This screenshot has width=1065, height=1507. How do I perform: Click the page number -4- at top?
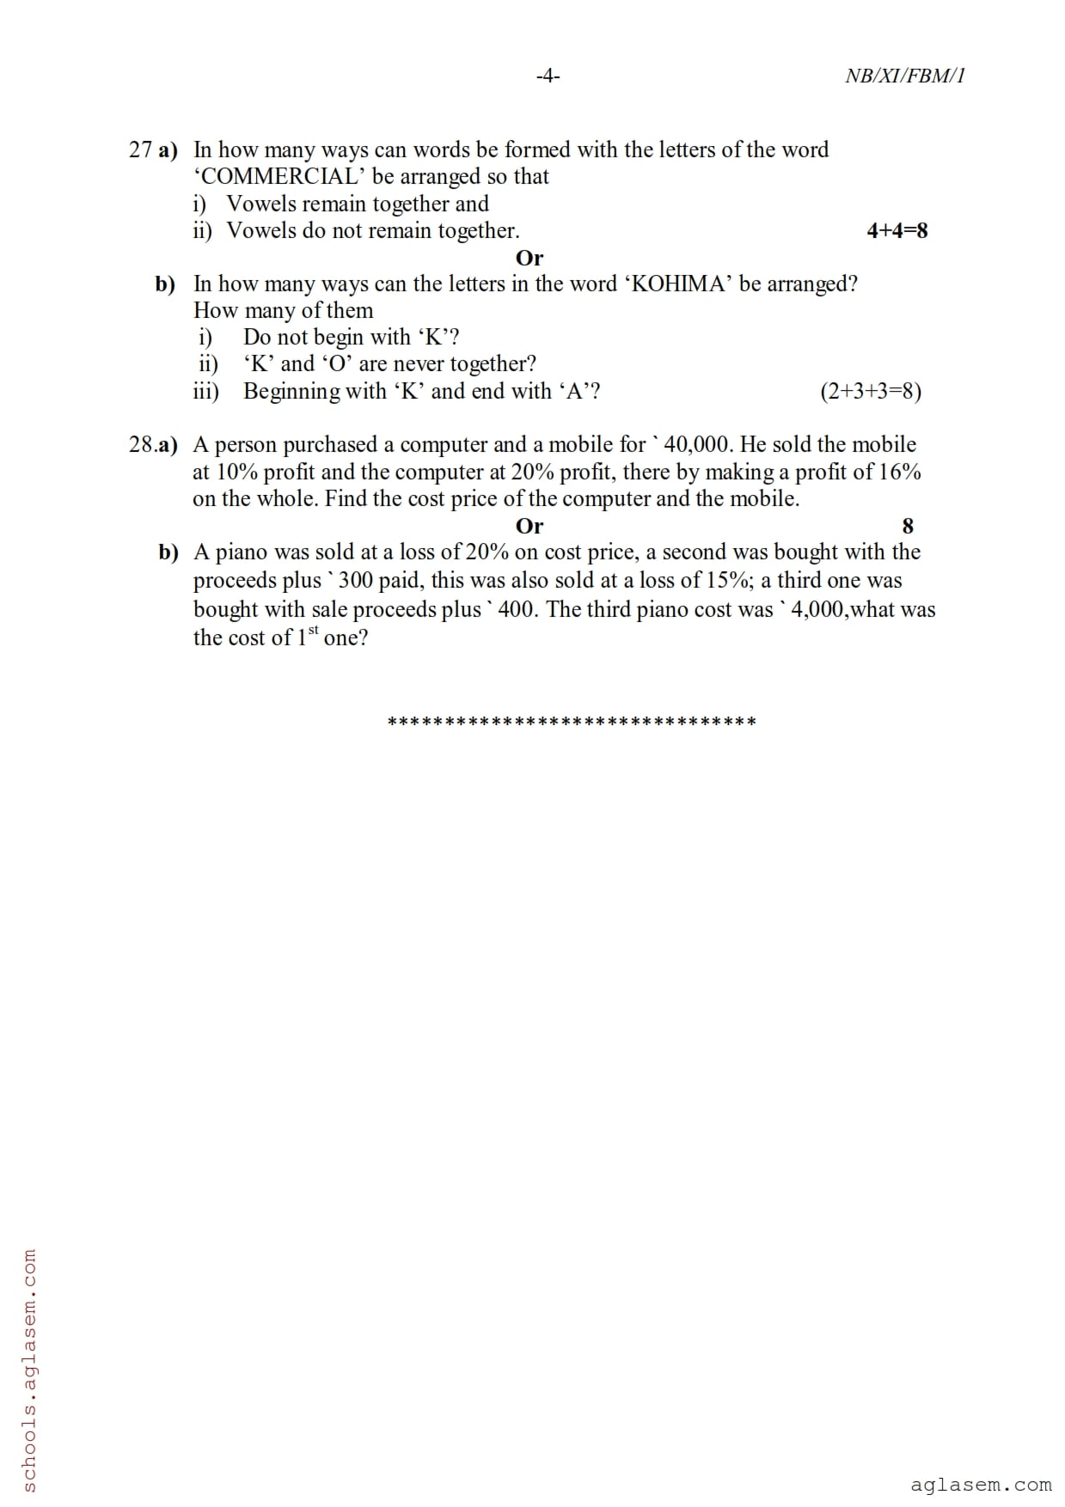pos(548,76)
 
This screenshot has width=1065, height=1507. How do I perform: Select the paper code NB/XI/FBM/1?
pos(905,76)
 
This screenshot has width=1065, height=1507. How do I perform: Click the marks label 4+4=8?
pos(897,230)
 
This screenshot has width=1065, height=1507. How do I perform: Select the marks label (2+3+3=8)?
pos(871,392)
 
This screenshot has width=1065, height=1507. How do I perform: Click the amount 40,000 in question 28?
pos(698,445)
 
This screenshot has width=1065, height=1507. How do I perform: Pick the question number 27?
pos(140,150)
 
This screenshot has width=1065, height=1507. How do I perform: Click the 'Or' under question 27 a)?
pos(529,258)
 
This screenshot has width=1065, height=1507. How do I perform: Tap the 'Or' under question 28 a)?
pos(529,526)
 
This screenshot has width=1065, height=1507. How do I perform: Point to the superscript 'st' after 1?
pos(313,631)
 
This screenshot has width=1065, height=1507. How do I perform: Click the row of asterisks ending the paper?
pos(572,722)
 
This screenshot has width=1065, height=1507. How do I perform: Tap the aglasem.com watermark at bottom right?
pos(981,1485)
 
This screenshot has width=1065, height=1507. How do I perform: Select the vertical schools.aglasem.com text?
pos(28,1370)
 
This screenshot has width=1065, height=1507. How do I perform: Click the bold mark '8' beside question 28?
pos(908,526)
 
